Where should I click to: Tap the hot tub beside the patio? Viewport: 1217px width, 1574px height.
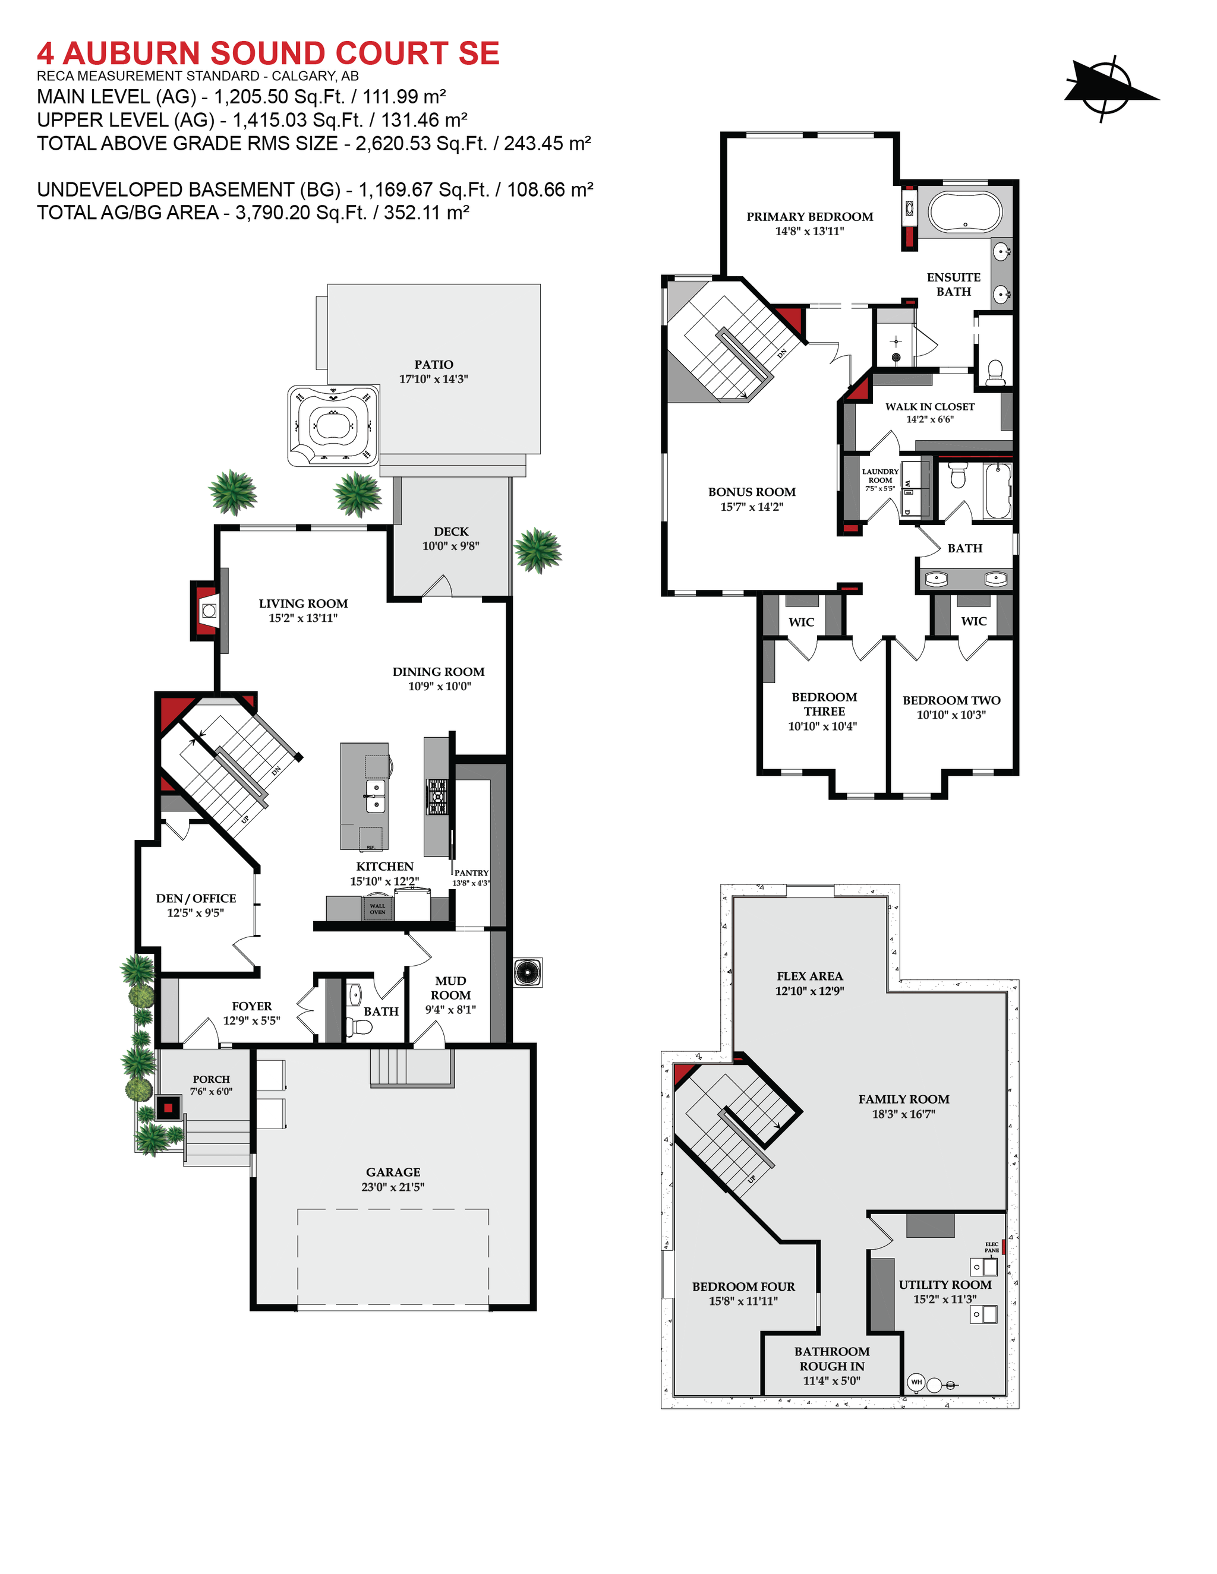pos(334,425)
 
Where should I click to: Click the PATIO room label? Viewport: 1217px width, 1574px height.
pos(433,365)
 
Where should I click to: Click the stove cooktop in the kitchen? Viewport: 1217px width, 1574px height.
pos(437,797)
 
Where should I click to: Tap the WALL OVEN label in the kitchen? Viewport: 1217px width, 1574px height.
pos(377,909)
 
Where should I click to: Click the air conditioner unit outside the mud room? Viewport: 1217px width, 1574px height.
pos(528,972)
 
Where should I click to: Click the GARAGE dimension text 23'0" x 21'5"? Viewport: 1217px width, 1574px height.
pos(393,1187)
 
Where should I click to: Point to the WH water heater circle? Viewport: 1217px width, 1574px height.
pos(916,1382)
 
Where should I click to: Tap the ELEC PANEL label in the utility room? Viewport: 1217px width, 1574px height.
pos(992,1247)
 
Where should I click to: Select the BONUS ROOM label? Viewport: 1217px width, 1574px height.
pos(751,492)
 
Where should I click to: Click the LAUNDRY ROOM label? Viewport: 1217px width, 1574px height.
pos(879,476)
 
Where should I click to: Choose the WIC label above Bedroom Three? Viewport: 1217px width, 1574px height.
pos(801,622)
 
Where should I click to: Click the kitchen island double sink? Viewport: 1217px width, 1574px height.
pos(375,796)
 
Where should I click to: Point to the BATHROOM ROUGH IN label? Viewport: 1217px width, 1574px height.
pos(831,1358)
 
